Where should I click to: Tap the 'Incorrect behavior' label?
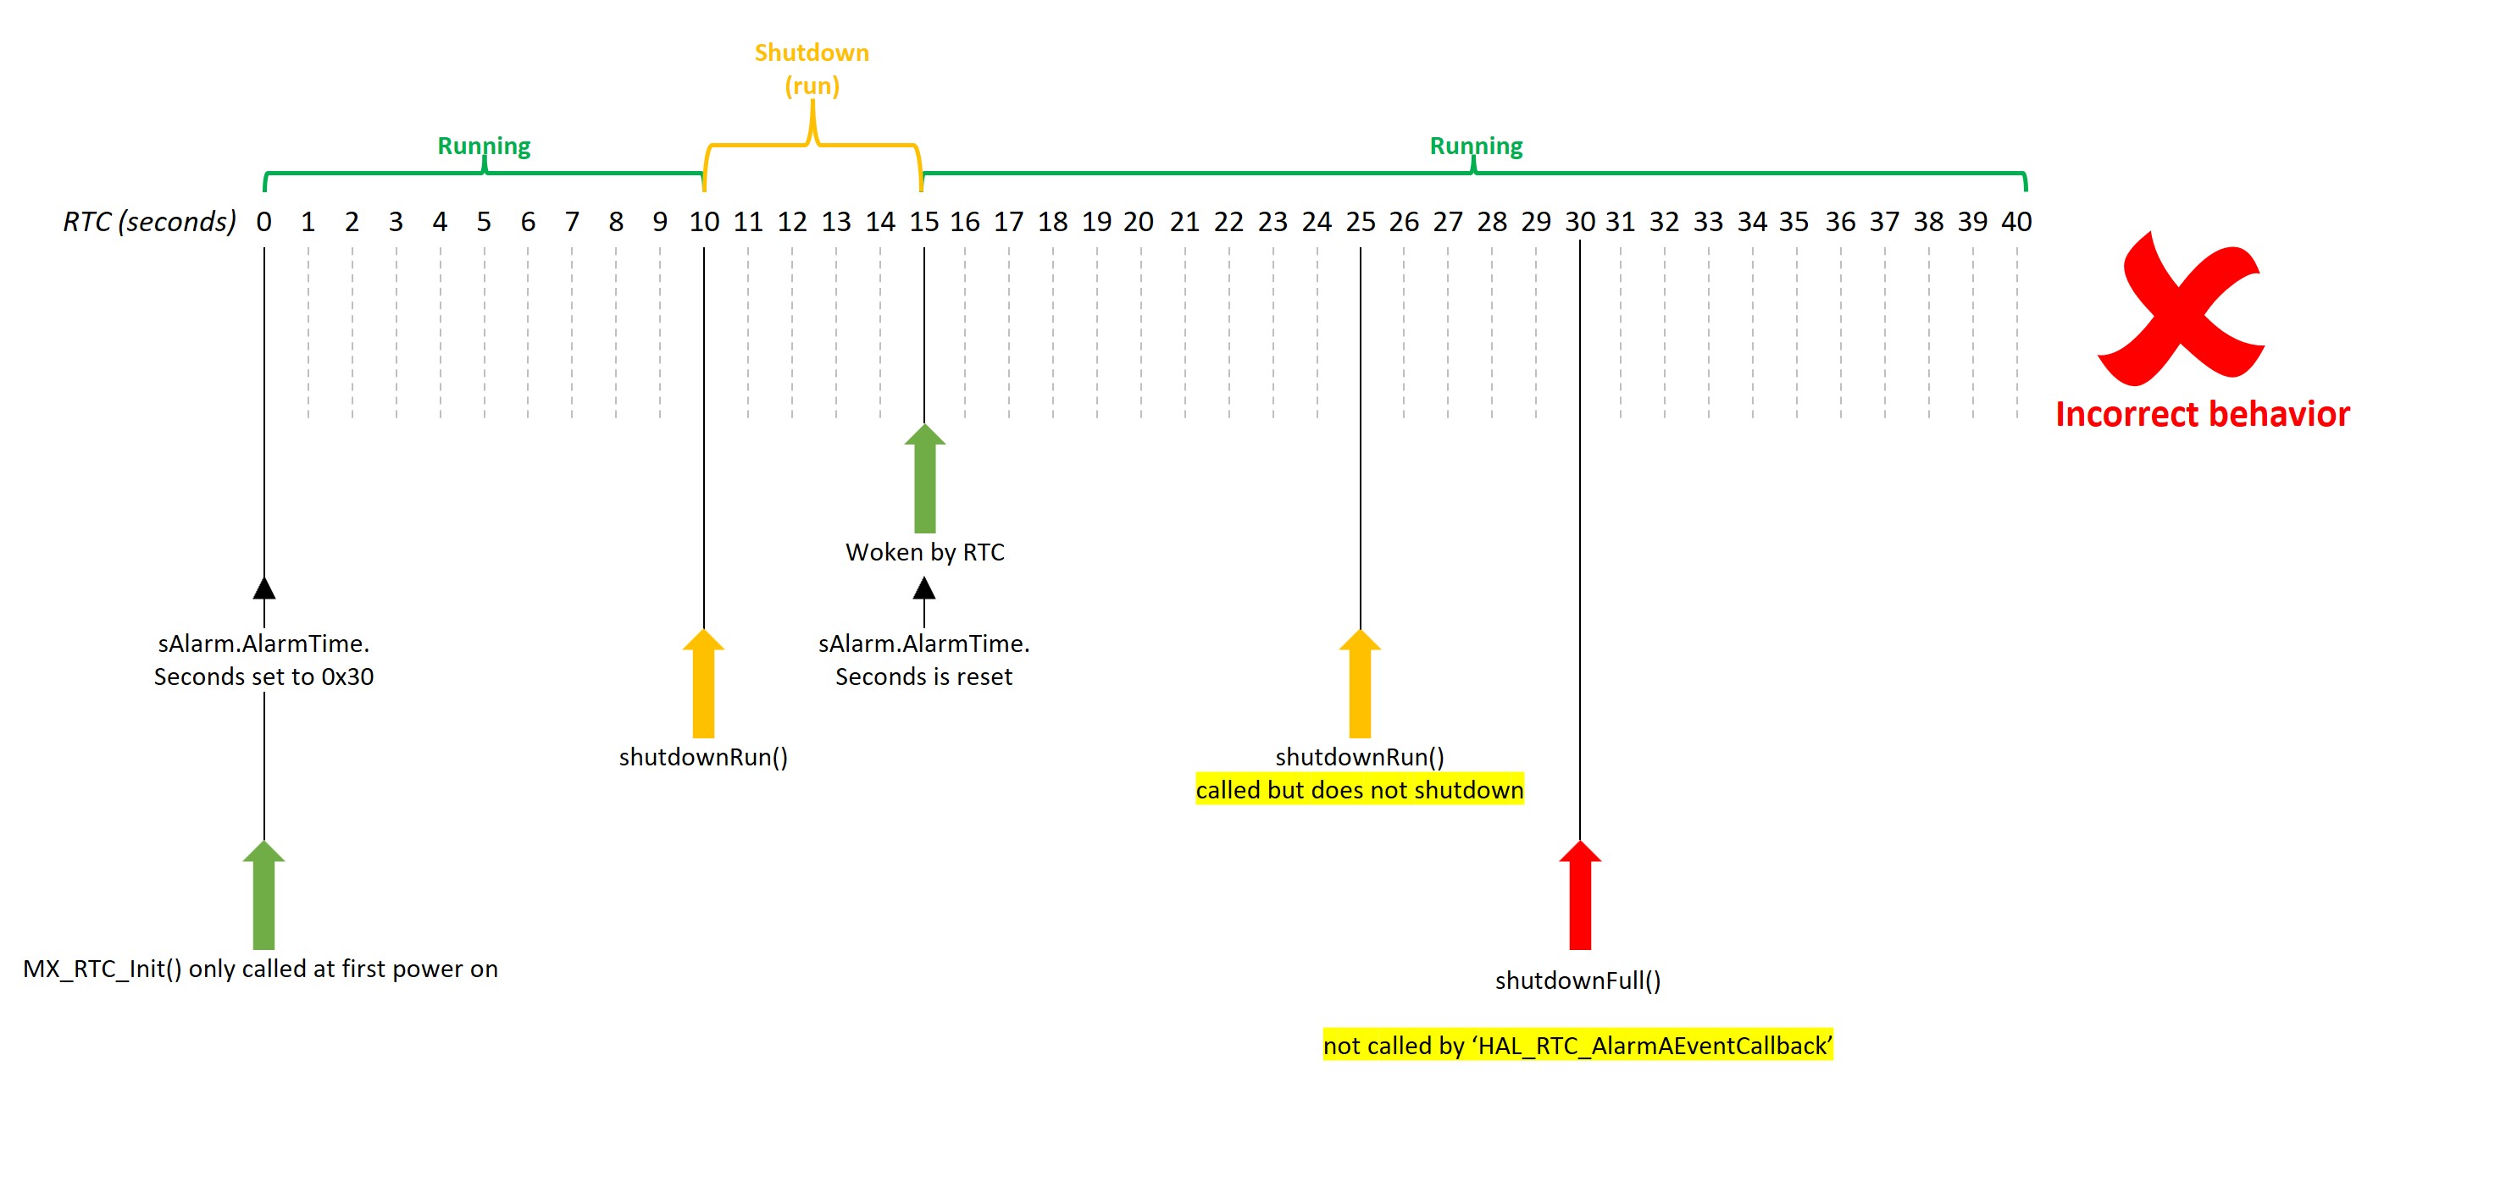[x=2202, y=414]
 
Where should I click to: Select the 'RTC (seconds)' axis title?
[x=149, y=222]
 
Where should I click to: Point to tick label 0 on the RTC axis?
[x=263, y=222]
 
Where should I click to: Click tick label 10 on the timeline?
[x=704, y=222]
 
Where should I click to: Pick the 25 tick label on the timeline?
[x=1360, y=222]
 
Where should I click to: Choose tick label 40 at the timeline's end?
[x=2016, y=222]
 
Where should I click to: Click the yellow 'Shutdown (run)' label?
[x=812, y=69]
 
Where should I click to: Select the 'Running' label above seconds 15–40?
[x=1475, y=146]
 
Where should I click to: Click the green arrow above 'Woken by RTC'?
[x=925, y=479]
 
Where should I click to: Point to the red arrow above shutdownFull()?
[x=1580, y=896]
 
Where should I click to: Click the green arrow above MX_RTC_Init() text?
[x=263, y=896]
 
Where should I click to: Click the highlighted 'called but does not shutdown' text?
[x=1359, y=790]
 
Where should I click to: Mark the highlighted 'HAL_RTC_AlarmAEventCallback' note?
[x=1577, y=1046]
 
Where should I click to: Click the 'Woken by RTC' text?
[x=925, y=552]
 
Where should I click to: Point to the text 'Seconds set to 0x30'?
[x=263, y=677]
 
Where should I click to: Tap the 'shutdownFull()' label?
[x=1577, y=981]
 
